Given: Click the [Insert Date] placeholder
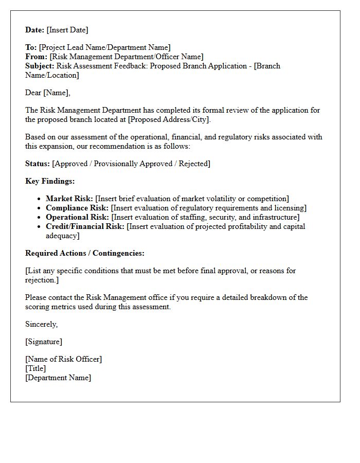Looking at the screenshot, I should [67, 30].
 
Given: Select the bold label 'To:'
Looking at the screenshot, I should [31, 47].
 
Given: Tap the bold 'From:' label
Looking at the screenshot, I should [36, 57].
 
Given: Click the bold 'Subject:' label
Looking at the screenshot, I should [40, 66].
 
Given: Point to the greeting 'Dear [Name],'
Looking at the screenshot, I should [48, 93].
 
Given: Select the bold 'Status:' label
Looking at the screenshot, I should [38, 164].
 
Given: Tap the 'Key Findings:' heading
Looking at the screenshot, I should [50, 181].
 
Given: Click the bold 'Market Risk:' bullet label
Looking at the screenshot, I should [69, 199].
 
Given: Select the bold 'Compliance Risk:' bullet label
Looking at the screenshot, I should [77, 208].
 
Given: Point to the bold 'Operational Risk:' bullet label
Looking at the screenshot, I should [77, 217].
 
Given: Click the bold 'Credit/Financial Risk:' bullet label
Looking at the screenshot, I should [85, 226].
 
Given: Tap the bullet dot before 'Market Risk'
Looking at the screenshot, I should [40, 199].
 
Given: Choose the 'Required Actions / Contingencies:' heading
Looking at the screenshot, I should [85, 253].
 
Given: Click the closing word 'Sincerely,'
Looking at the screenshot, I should [42, 324].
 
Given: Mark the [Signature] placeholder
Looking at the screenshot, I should [44, 342].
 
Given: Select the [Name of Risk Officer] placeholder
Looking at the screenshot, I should [63, 359].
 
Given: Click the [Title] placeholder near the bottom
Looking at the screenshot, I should [35, 368].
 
